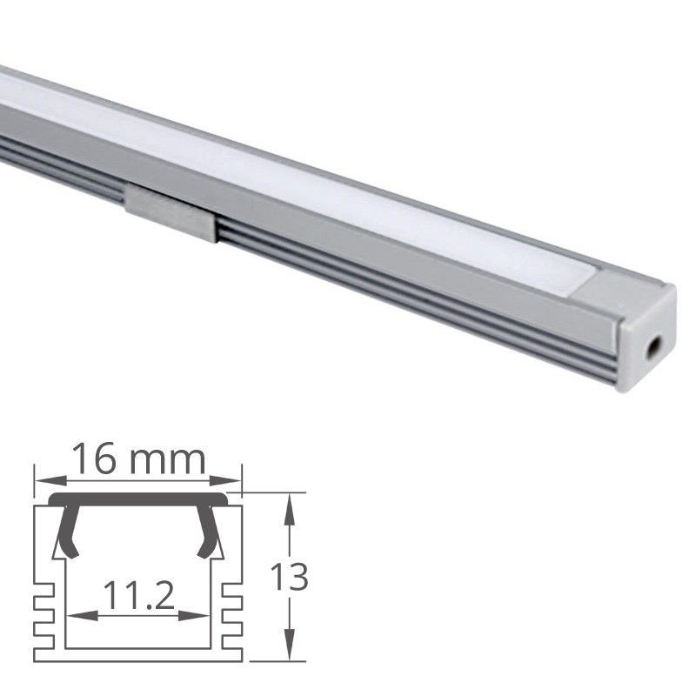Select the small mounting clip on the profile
tap(171, 211)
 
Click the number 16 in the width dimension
tap(93, 458)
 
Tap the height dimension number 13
tap(289, 578)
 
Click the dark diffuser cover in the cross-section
tap(139, 500)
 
